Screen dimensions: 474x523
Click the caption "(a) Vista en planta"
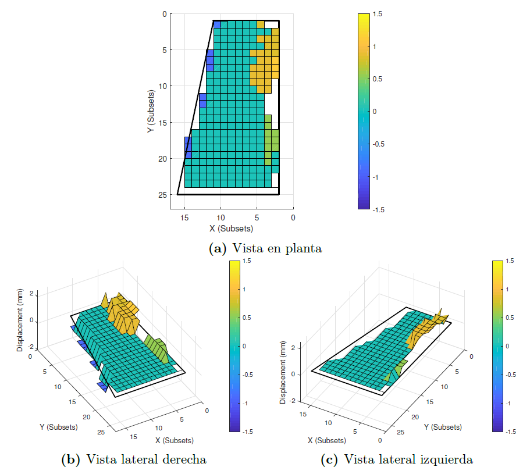(265, 248)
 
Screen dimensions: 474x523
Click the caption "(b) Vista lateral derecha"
(134, 459)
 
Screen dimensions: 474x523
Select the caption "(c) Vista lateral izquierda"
(397, 459)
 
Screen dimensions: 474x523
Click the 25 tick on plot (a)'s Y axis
(162, 195)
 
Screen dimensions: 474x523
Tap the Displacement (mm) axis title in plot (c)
(283, 376)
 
